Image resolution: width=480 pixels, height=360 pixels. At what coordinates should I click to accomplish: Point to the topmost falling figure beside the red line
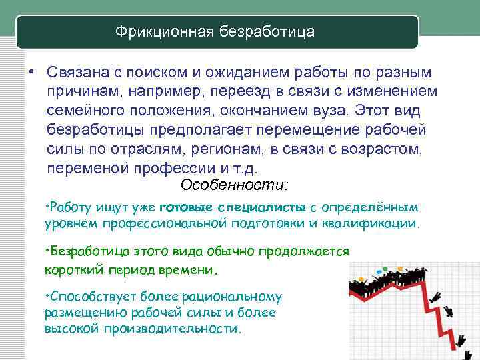coord(437,297)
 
